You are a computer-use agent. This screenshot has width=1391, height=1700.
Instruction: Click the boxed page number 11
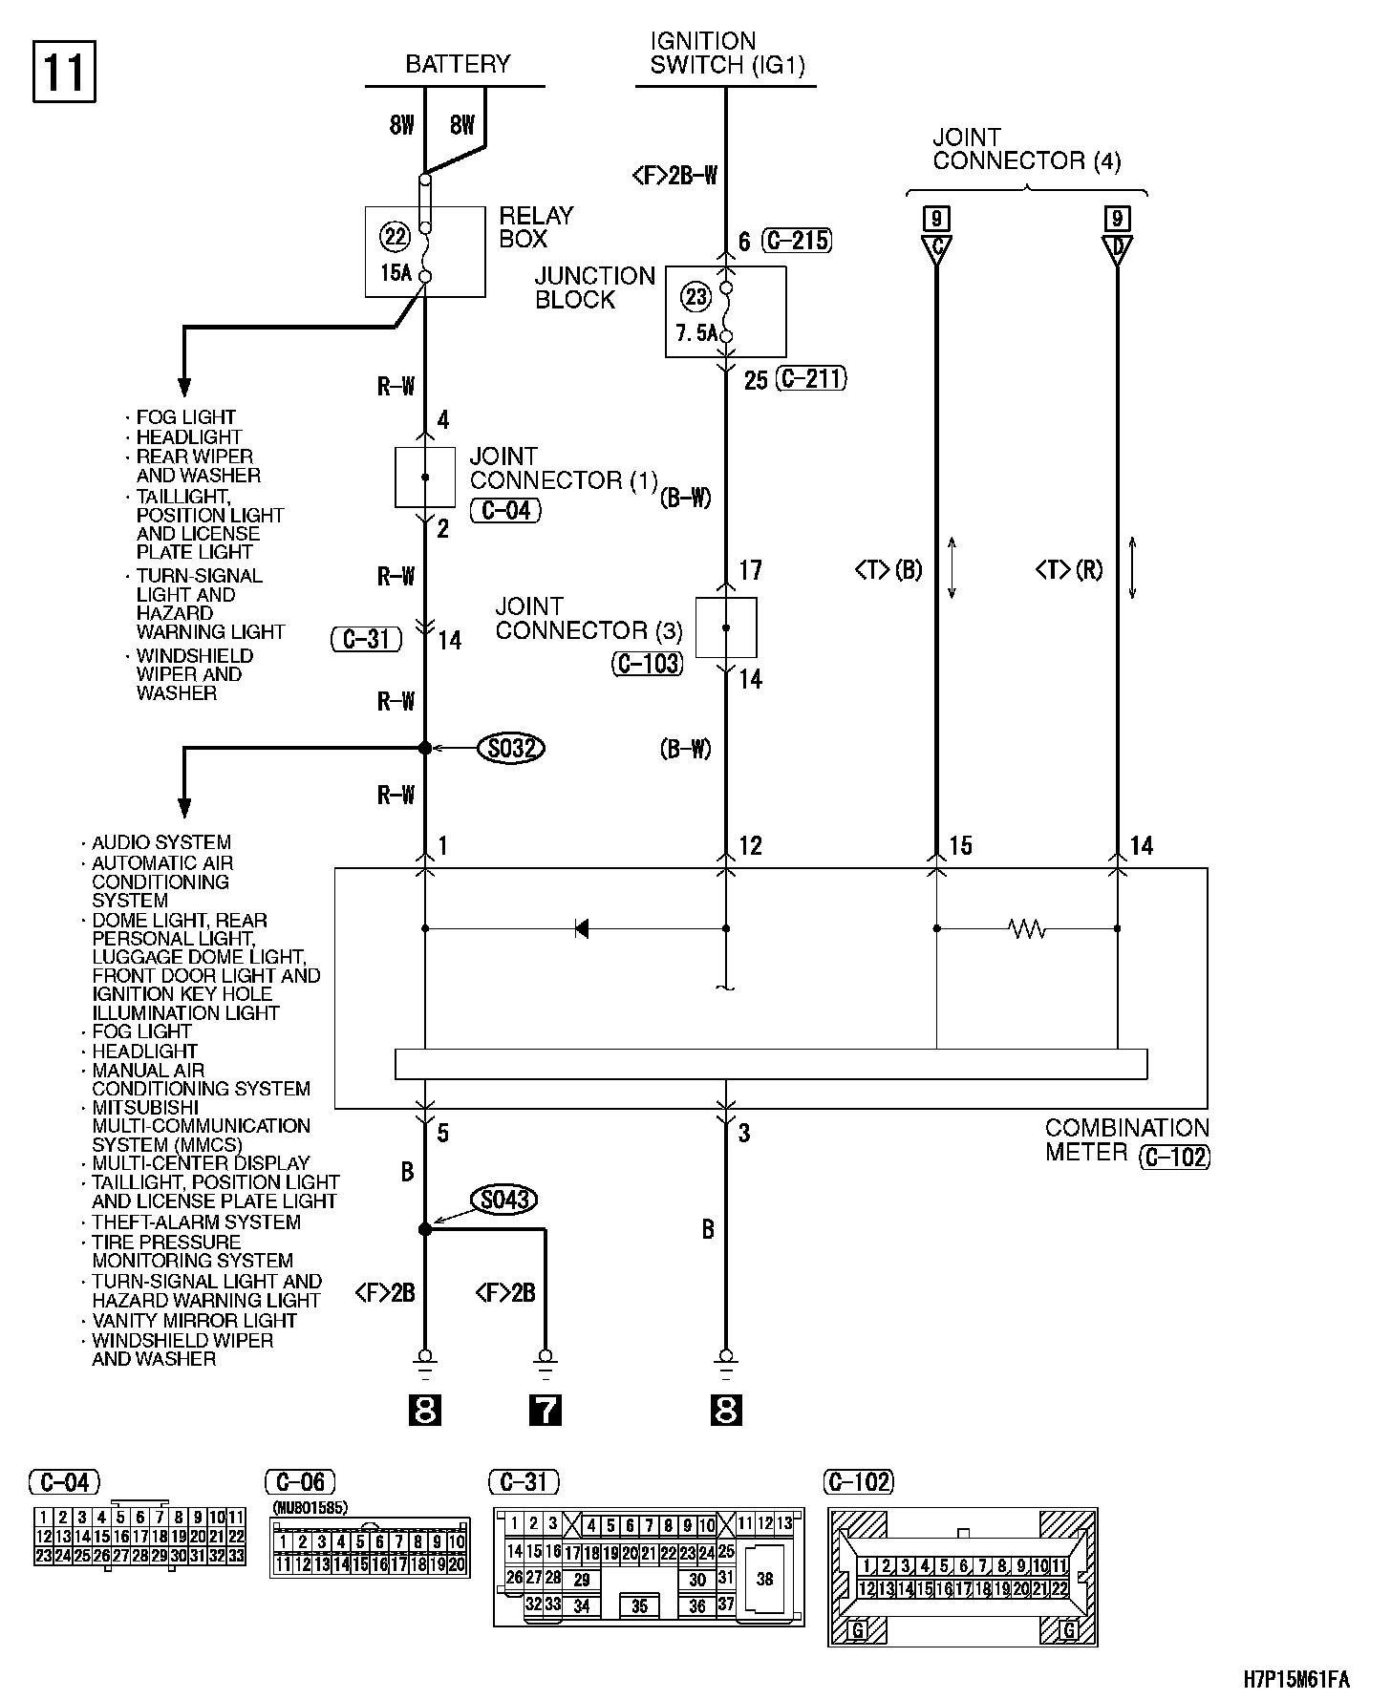pos(65,71)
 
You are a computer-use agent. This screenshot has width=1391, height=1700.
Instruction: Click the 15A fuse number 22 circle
pos(394,236)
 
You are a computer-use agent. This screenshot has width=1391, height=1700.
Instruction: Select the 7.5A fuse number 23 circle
pos(695,297)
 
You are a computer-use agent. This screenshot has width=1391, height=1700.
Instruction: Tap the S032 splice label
pos(510,748)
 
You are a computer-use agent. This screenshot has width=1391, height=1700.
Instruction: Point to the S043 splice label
pos(503,1200)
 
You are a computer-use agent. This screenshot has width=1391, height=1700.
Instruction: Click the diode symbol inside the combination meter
pos(582,927)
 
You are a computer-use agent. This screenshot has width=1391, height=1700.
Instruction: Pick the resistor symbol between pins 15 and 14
pos(1027,928)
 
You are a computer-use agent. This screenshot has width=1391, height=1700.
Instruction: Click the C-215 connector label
pos(797,240)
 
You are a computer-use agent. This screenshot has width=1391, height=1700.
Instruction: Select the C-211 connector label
pos(811,379)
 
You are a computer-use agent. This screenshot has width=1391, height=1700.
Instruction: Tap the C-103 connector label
pos(648,663)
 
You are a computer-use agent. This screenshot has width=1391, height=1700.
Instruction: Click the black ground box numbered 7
pos(545,1410)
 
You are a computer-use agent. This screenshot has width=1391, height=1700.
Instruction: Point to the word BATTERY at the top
pos(458,64)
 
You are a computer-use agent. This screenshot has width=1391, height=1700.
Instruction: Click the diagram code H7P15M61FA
pos(1296,1679)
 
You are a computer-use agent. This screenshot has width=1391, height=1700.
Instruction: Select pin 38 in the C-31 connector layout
pos(764,1579)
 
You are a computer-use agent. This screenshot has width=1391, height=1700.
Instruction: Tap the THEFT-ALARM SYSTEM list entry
pos(196,1222)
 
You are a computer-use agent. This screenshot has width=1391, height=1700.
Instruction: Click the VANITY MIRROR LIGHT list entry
pos(194,1320)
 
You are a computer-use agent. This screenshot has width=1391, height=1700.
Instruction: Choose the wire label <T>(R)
pos(1068,570)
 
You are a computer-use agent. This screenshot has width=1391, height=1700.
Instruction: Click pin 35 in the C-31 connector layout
pos(639,1605)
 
